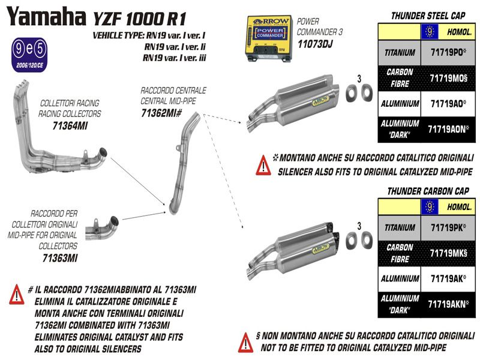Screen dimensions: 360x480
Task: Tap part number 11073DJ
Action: [x=314, y=45]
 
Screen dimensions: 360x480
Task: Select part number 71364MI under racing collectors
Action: [x=70, y=125]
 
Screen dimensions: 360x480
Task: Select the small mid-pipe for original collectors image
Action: [x=99, y=229]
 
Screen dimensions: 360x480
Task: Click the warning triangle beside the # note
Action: [x=17, y=295]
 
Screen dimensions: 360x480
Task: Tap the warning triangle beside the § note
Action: [x=247, y=342]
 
